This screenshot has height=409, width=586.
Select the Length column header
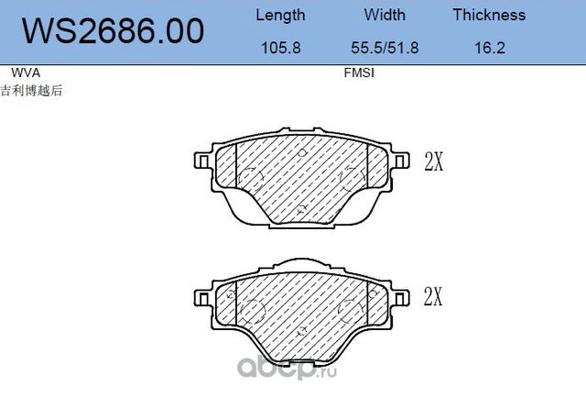click(x=280, y=15)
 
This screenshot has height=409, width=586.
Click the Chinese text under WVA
click(x=32, y=90)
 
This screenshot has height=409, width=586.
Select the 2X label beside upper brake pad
click(x=434, y=162)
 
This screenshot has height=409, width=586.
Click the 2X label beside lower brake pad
click(x=434, y=297)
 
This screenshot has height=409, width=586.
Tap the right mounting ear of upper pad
click(x=401, y=161)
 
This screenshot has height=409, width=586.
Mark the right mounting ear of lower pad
click(x=401, y=296)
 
